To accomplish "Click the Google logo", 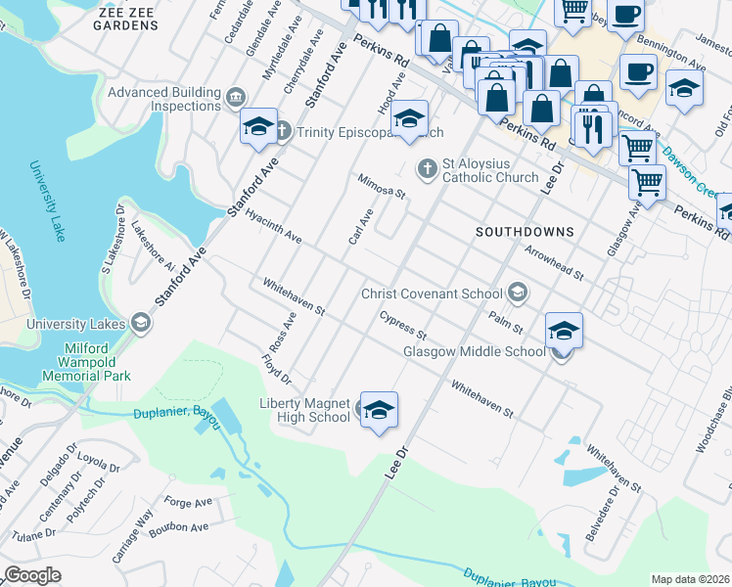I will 32,575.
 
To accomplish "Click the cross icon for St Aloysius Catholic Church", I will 427,169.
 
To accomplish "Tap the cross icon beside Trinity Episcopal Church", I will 281,131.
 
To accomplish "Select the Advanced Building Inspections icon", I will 236,98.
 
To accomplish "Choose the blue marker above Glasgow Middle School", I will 564,331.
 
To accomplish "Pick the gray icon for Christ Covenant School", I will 517,293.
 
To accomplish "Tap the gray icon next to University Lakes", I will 141,324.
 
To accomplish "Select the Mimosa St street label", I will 381,186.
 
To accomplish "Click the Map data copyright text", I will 690,579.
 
